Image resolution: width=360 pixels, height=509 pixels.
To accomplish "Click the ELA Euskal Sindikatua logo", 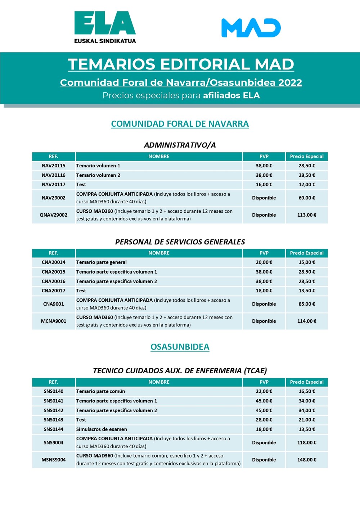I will (105, 27).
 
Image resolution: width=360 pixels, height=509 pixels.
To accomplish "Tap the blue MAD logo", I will (251, 28).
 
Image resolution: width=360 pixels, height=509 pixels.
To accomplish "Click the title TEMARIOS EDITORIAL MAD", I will (181, 64).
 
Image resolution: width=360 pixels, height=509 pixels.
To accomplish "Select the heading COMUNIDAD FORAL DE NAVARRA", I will (180, 124).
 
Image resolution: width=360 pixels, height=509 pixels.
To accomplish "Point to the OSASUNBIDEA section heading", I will (180, 347).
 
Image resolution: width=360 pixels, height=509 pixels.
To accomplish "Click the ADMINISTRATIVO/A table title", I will (180, 145).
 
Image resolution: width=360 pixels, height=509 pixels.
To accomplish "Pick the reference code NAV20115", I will (54, 166).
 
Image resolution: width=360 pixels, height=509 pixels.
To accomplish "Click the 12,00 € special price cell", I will (307, 185).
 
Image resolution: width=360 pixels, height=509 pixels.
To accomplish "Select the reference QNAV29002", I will (54, 215).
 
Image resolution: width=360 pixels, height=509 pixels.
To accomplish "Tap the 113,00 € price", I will (307, 215).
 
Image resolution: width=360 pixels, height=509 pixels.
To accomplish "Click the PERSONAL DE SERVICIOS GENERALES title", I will (180, 242).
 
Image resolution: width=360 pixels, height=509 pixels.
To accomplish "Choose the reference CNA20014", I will (54, 262).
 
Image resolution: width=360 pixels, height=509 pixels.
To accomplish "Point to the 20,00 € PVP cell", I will (264, 262).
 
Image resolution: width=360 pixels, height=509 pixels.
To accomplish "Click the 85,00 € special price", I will (307, 304).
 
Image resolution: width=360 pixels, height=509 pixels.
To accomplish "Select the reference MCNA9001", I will (54, 321).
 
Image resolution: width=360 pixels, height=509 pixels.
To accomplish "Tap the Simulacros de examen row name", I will (102, 429).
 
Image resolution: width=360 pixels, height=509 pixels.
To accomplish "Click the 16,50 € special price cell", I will (307, 391).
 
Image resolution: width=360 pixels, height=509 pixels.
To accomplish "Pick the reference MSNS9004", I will (54, 460).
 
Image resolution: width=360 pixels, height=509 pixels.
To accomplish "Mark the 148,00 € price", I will (307, 460).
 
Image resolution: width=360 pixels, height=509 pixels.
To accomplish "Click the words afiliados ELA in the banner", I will (231, 95).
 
